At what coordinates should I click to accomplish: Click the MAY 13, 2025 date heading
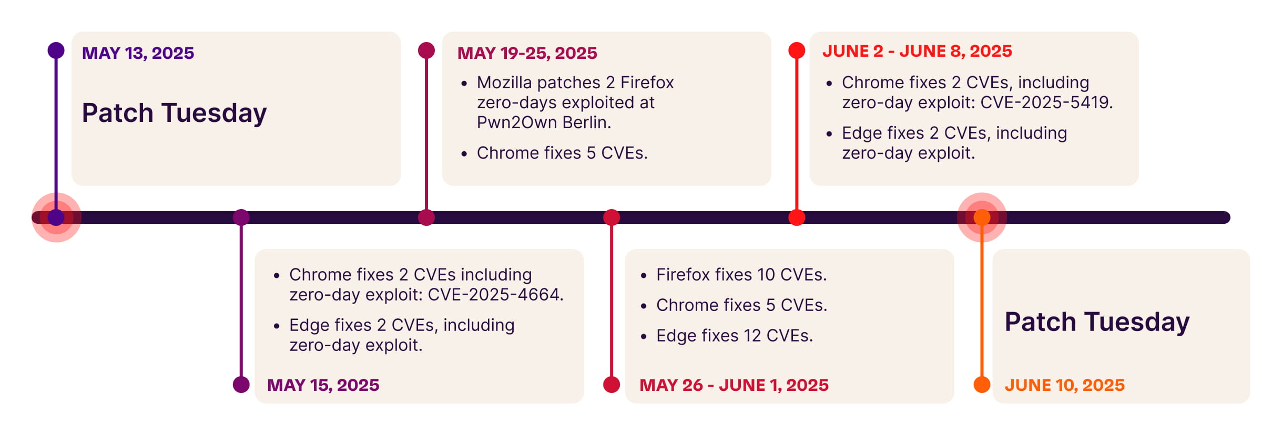pyautogui.click(x=138, y=53)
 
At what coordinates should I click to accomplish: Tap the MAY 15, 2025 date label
pyautogui.click(x=323, y=385)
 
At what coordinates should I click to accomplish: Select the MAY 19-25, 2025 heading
pyautogui.click(x=527, y=53)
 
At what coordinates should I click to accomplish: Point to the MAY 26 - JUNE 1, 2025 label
pyautogui.click(x=734, y=385)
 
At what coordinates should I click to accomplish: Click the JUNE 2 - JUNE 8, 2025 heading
pyautogui.click(x=917, y=51)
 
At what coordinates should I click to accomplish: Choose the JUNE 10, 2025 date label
pyautogui.click(x=1064, y=385)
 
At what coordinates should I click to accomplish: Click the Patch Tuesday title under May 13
pyautogui.click(x=174, y=113)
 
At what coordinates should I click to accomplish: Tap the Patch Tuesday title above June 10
pyautogui.click(x=1097, y=322)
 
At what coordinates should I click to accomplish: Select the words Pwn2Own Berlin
pyautogui.click(x=544, y=122)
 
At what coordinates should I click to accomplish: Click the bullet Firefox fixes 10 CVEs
pyautogui.click(x=741, y=275)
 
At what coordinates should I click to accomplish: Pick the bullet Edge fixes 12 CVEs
pyautogui.click(x=734, y=336)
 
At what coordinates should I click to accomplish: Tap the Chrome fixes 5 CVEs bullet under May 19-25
pyautogui.click(x=562, y=153)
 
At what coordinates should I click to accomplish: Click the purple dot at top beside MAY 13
pyautogui.click(x=56, y=50)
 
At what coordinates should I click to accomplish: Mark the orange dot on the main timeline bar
pyautogui.click(x=982, y=217)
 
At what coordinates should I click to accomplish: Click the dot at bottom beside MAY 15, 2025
pyautogui.click(x=241, y=385)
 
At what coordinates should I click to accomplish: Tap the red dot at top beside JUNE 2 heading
pyautogui.click(x=797, y=50)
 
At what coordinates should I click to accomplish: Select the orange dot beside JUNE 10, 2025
pyautogui.click(x=982, y=385)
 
